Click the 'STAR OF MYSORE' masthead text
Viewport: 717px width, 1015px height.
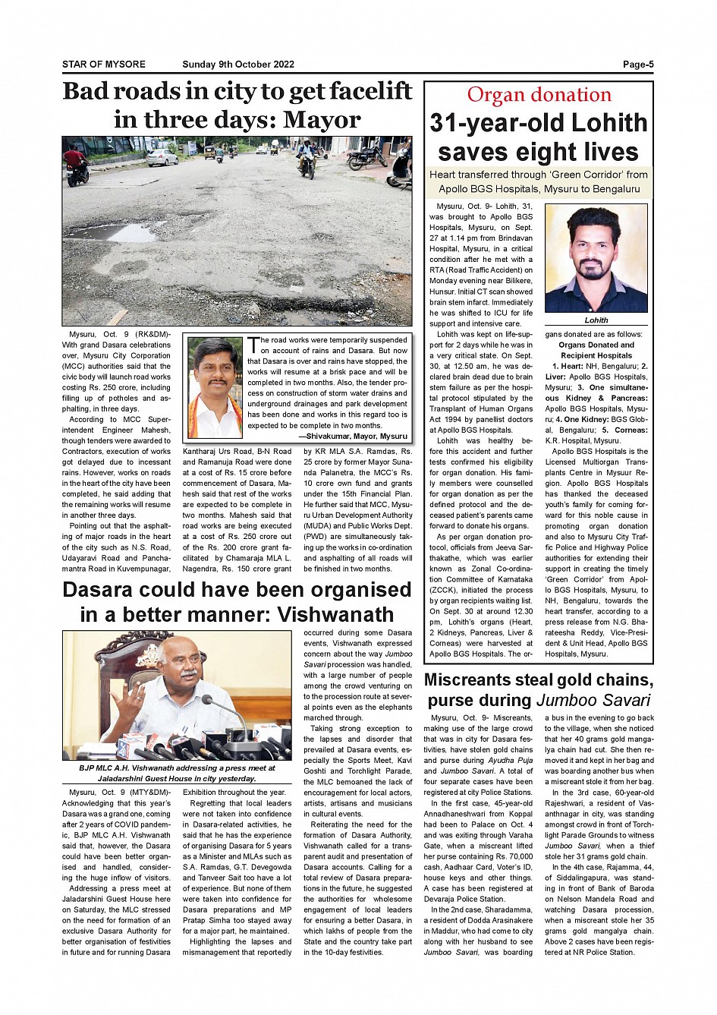point(104,65)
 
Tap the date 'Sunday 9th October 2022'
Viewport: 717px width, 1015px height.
point(238,65)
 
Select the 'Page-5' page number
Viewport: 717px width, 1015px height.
point(638,65)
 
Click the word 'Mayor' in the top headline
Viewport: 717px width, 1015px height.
point(328,120)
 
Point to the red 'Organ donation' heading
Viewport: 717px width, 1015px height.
point(539,95)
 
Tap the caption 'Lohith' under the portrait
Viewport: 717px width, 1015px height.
point(596,320)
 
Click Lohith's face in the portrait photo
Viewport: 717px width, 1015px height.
point(595,251)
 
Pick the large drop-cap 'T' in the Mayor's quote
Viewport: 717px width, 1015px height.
point(253,345)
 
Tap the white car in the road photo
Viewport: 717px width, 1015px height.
point(162,157)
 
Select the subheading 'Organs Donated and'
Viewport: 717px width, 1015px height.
point(596,345)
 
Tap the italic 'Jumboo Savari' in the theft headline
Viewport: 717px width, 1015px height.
point(593,700)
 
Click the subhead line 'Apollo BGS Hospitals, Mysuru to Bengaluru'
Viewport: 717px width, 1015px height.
point(539,189)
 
